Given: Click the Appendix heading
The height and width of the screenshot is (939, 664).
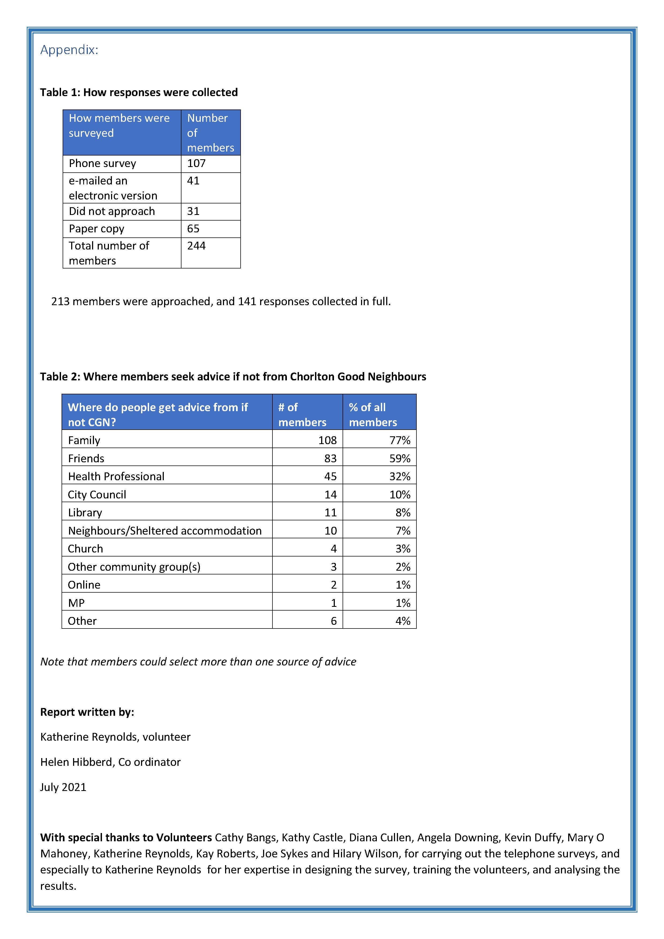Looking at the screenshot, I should tap(69, 50).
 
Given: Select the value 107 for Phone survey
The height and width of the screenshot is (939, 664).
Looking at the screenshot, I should tap(196, 163).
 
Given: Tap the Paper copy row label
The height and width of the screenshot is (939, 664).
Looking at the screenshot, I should tap(97, 229).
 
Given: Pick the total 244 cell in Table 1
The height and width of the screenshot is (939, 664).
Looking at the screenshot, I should tap(196, 246).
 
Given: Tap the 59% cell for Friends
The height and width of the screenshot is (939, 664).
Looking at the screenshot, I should tap(400, 459).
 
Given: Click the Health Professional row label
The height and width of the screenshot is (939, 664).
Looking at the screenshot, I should tap(116, 476).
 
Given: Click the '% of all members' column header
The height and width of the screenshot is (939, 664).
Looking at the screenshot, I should tap(373, 414).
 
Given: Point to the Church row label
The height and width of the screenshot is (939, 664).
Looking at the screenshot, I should tap(85, 548).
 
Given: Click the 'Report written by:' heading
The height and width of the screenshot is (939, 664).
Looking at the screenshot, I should tap(87, 712).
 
